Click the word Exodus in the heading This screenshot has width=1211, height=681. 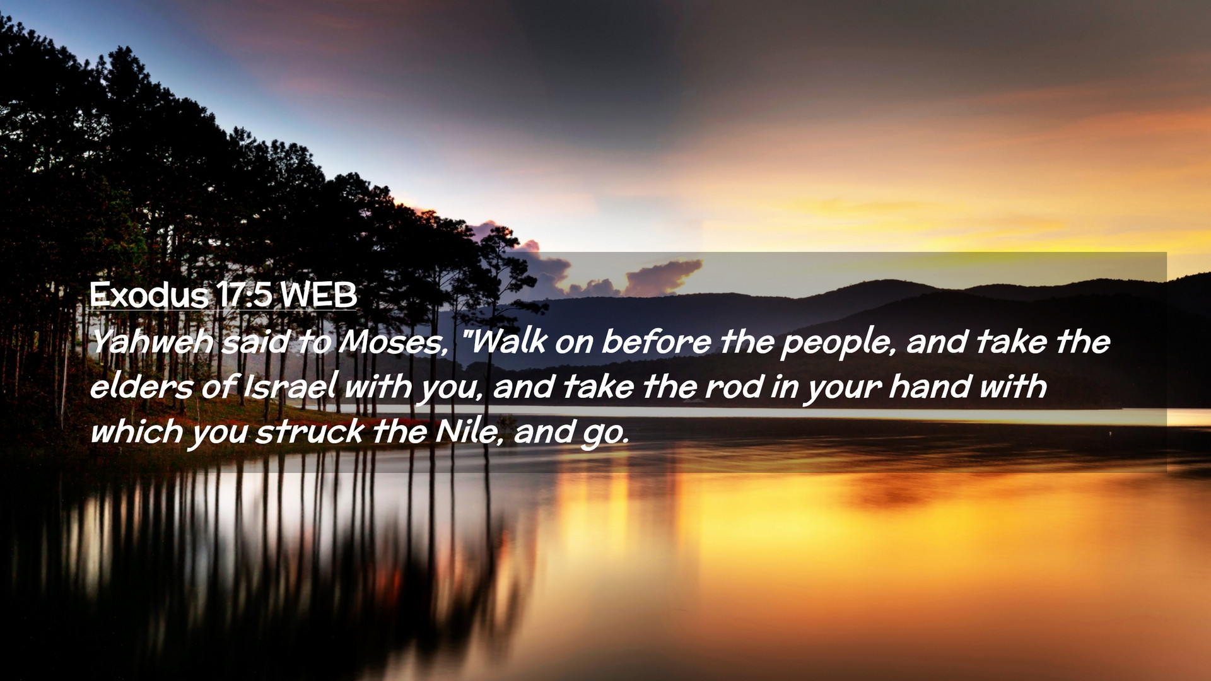[x=149, y=294]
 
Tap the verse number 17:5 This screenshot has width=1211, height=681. [x=243, y=294]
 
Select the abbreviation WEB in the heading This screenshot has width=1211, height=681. [x=319, y=294]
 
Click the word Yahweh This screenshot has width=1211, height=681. [x=152, y=341]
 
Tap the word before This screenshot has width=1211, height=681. [x=656, y=341]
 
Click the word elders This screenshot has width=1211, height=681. [x=141, y=386]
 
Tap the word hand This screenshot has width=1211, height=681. [x=929, y=386]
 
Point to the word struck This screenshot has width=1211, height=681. [x=310, y=431]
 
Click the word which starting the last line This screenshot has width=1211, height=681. [x=136, y=431]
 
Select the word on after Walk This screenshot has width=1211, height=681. [x=573, y=344]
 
